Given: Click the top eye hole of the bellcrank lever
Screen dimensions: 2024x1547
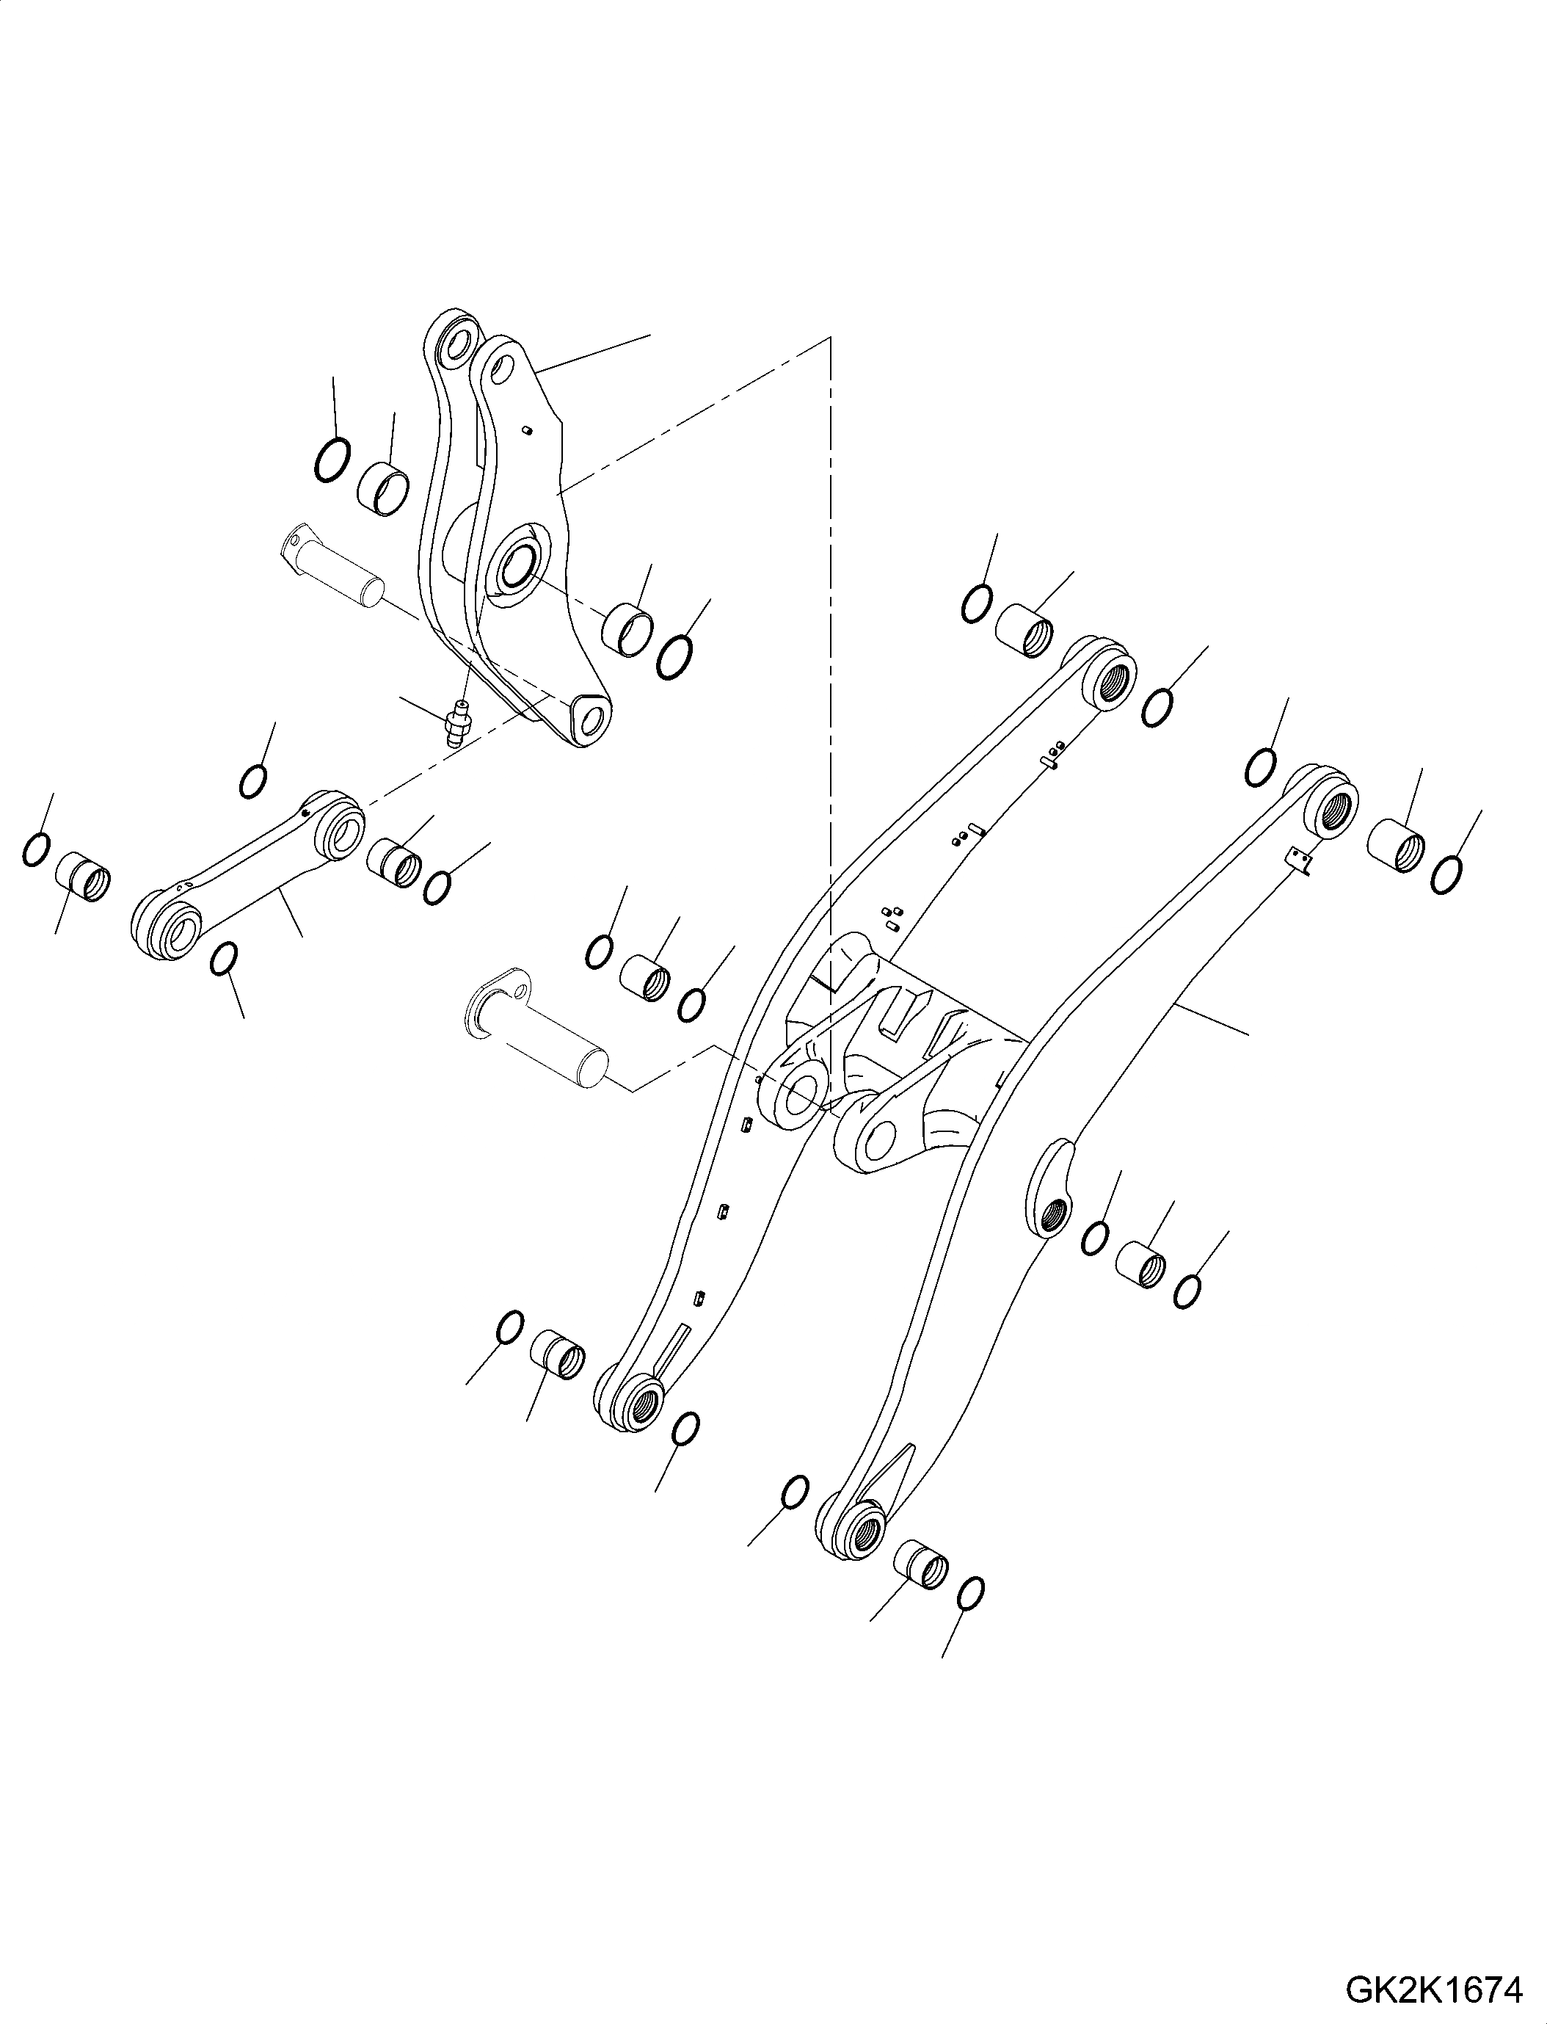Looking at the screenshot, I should click(x=456, y=348).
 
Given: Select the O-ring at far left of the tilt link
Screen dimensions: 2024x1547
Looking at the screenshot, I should click(x=35, y=849).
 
